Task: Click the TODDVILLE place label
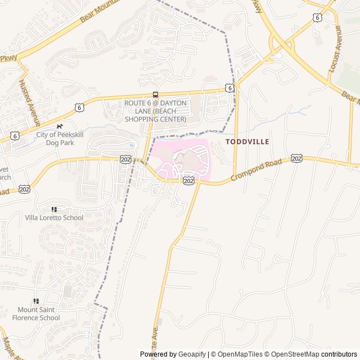click(x=247, y=142)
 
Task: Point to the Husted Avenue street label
click(x=29, y=102)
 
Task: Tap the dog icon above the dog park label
click(x=60, y=127)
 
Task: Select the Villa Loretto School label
click(x=54, y=218)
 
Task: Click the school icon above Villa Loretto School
click(x=54, y=209)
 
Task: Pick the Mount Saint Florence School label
click(x=38, y=314)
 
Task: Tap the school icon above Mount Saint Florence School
click(x=37, y=301)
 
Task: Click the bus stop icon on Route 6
click(x=155, y=94)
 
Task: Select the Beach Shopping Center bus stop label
click(x=155, y=111)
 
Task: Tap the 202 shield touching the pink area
click(x=188, y=181)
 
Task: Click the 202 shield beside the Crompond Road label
click(x=296, y=159)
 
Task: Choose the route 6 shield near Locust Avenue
click(x=318, y=17)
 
